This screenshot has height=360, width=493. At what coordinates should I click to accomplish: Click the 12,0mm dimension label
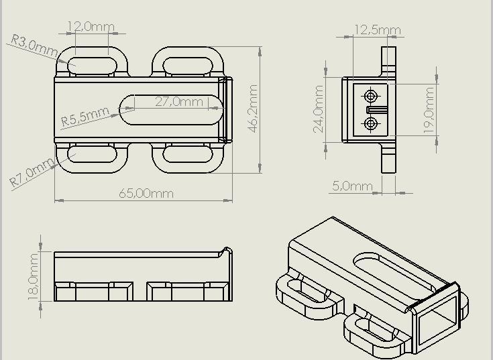click(91, 27)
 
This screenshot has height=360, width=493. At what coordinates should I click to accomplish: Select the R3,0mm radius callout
click(34, 46)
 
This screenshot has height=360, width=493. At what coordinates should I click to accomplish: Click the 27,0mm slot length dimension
click(178, 102)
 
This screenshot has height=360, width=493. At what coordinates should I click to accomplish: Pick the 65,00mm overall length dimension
click(146, 194)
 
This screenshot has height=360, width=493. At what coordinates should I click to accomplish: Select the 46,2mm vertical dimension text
click(254, 109)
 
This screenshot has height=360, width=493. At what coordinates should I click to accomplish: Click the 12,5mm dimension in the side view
click(377, 29)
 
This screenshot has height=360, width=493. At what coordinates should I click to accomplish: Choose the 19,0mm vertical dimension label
click(429, 111)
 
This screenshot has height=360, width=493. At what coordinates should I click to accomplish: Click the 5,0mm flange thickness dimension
click(352, 186)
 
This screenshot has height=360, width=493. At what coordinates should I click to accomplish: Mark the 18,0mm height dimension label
click(34, 277)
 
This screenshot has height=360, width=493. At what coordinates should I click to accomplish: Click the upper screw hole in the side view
click(370, 95)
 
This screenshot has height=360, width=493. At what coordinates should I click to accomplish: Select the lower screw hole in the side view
click(370, 123)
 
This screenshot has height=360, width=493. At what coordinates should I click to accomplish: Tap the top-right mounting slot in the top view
click(188, 66)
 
